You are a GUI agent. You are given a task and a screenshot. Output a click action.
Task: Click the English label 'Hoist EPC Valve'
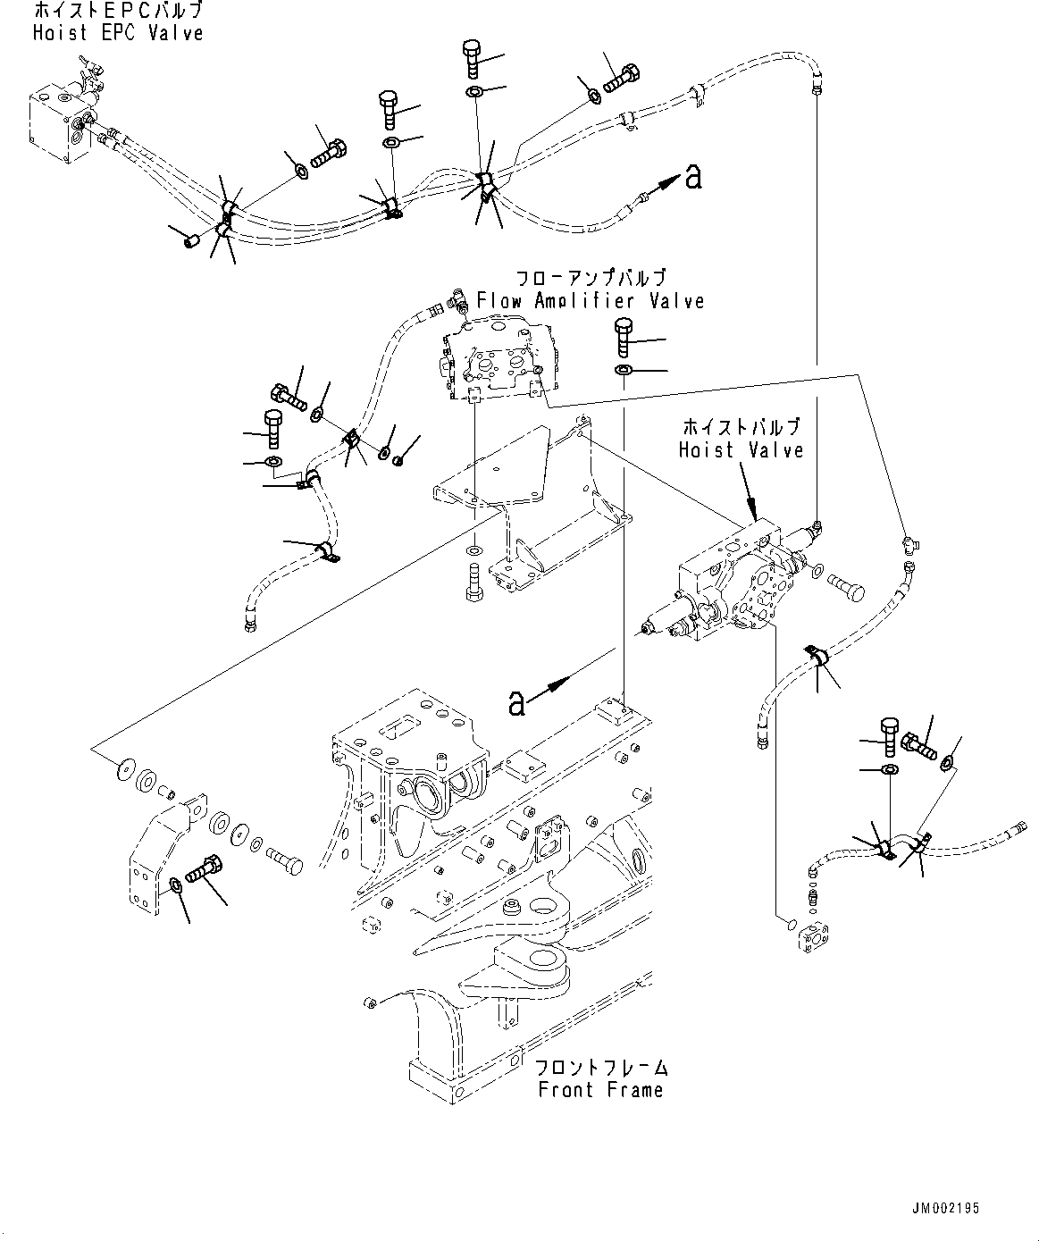click(x=117, y=33)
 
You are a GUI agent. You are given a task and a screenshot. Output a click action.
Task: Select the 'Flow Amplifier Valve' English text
click(x=590, y=301)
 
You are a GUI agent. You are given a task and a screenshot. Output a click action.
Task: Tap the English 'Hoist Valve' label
click(x=741, y=450)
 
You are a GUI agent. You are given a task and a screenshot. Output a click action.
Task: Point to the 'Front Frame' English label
click(x=599, y=1090)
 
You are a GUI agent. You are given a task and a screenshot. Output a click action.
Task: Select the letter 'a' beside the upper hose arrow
click(x=692, y=178)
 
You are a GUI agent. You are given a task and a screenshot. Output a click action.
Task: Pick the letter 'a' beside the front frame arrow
click(x=515, y=704)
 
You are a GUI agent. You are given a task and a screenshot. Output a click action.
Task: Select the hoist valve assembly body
click(x=733, y=590)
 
